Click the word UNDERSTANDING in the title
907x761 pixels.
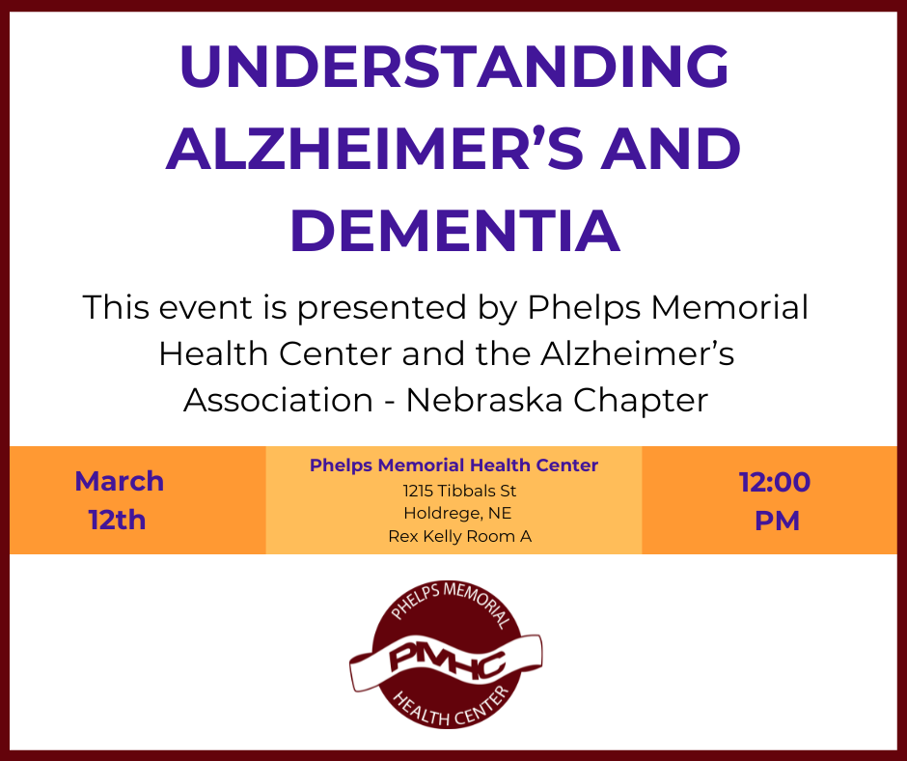point(454,66)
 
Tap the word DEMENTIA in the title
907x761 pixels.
point(454,231)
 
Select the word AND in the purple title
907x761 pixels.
point(671,149)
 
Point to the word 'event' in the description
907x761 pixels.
point(206,307)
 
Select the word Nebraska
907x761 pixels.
point(484,400)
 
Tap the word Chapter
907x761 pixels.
point(641,402)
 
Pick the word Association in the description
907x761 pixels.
point(278,400)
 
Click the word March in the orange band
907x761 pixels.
point(120,481)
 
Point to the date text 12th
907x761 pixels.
point(118,520)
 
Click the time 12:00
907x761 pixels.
point(775,482)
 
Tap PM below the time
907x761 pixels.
point(777,521)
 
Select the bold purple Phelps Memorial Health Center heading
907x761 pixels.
point(454,465)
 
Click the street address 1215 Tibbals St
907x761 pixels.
point(460,491)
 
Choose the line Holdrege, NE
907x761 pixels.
point(457,513)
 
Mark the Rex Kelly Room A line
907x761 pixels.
point(460,536)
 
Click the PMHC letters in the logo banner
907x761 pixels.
point(447,662)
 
